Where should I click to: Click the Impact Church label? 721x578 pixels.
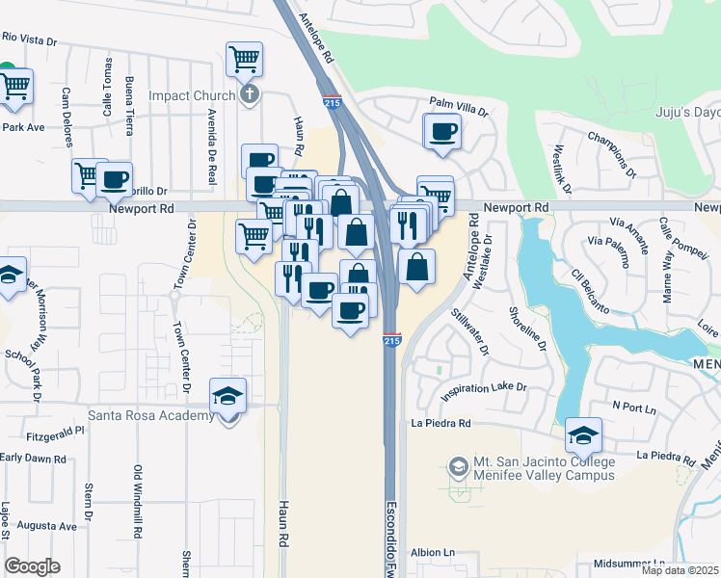point(192,95)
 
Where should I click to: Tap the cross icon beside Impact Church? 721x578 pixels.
point(250,94)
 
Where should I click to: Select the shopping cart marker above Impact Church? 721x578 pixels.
point(244,59)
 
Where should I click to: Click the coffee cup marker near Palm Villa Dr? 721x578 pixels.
point(443,131)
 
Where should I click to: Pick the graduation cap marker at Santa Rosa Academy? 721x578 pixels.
point(228,395)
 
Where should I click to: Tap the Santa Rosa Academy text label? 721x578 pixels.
point(150,415)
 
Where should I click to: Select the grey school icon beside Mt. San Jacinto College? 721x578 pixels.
point(458,468)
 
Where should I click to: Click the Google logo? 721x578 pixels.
point(32,565)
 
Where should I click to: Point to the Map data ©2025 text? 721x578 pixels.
point(680,570)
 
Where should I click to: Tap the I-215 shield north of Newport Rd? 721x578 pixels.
point(332,101)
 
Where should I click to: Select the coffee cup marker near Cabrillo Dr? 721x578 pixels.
point(114,177)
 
